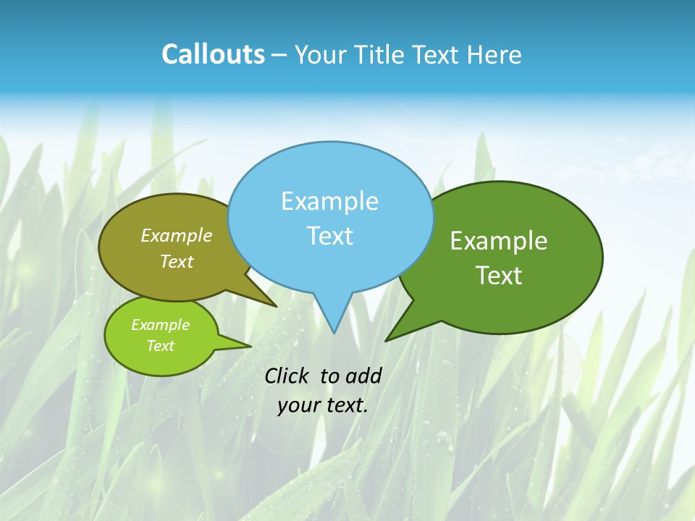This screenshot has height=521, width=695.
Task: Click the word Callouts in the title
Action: pyautogui.click(x=213, y=54)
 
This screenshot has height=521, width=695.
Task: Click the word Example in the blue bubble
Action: pyautogui.click(x=329, y=201)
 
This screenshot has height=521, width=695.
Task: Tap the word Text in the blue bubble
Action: pyautogui.click(x=330, y=236)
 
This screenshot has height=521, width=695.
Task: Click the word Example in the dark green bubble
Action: pyautogui.click(x=499, y=241)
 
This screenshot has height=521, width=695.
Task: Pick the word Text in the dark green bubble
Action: pyautogui.click(x=499, y=276)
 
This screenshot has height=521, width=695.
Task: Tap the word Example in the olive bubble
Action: pyautogui.click(x=177, y=235)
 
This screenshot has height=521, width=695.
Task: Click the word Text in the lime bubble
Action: pyautogui.click(x=161, y=346)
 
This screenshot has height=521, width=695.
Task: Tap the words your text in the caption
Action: pyautogui.click(x=323, y=405)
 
